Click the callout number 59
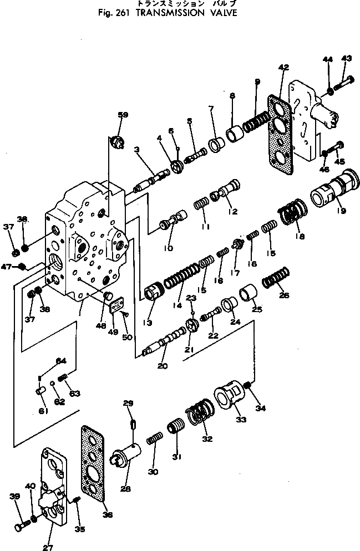pos(123,115)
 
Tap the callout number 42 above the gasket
pos(283,67)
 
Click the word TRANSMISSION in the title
pos(163,12)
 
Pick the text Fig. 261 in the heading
pos(111,12)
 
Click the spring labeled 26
pos(276,278)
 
